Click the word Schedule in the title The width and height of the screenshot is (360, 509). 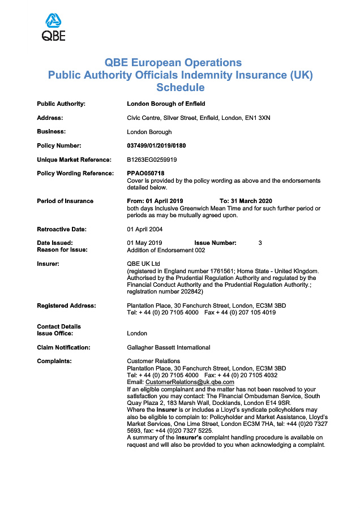(x=180, y=88)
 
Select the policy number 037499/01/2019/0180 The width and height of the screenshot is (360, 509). (x=156, y=145)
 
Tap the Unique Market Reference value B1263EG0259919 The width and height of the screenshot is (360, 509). (x=152, y=159)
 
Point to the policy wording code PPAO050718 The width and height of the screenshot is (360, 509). (x=145, y=173)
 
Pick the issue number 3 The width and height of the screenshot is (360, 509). (x=260, y=243)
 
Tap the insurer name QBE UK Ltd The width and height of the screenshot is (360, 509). (x=144, y=264)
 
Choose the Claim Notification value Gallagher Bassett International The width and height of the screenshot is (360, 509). (x=169, y=347)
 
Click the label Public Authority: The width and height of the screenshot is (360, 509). (x=61, y=103)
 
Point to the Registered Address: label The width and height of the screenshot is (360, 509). (x=66, y=305)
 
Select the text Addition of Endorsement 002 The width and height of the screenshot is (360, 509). (x=166, y=250)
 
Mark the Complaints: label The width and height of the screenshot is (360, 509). (x=54, y=361)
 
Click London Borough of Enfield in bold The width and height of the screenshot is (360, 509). (x=166, y=103)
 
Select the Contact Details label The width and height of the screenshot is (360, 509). (x=59, y=326)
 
